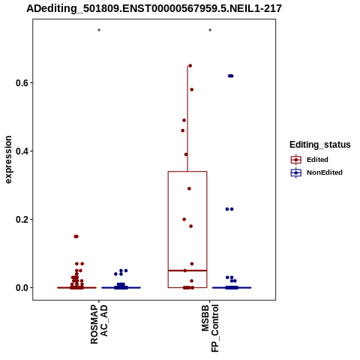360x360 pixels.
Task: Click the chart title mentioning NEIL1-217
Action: pos(154,9)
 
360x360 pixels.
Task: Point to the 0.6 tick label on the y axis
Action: pos(22,83)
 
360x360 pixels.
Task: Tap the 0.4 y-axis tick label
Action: pos(22,151)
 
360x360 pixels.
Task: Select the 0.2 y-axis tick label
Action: pos(22,220)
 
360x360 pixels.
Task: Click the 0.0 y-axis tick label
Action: pos(22,288)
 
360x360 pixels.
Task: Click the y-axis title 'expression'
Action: pos(8,160)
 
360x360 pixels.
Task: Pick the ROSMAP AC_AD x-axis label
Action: pos(99,324)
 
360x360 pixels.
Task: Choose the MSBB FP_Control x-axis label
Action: pos(210,328)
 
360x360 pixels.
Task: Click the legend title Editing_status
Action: pos(320,145)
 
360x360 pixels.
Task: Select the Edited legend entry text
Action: pos(317,160)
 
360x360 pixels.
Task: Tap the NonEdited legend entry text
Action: pos(325,172)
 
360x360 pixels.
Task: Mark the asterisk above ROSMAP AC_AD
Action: pos(99,31)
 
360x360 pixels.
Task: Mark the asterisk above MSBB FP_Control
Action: pos(210,31)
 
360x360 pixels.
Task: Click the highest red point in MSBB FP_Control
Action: pos(190,66)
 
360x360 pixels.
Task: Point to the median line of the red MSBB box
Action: pos(187,271)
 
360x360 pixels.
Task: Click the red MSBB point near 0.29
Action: pos(189,189)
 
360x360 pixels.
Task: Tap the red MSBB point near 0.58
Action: pos(192,90)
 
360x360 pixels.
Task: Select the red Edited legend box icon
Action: pos(296,160)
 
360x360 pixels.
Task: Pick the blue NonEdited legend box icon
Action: pos(296,172)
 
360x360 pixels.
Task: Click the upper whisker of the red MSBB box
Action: pos(187,118)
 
